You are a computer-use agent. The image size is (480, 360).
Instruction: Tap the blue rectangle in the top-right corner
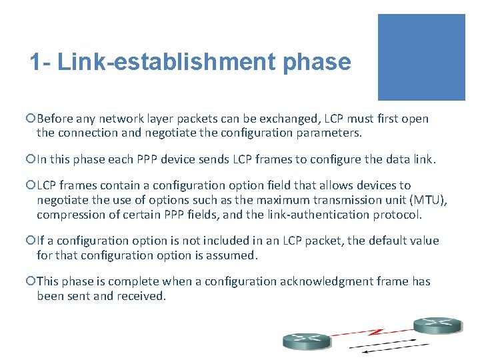click(x=421, y=57)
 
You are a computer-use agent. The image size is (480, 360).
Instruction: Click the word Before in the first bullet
click(x=54, y=119)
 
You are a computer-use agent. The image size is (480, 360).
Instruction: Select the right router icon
click(x=437, y=325)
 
